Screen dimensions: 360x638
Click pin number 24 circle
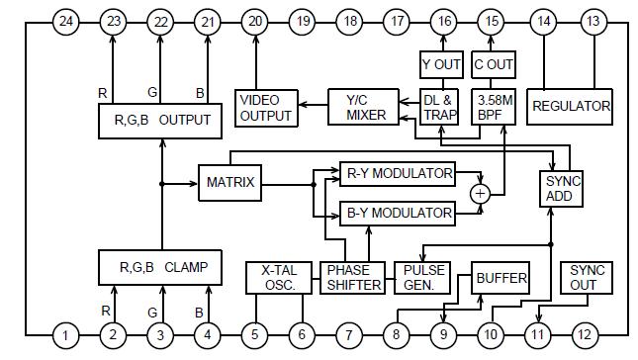pos(65,22)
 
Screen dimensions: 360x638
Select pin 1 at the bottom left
pos(65,337)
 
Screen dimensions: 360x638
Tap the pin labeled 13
pos(592,22)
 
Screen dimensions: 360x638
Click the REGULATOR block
pos(571,106)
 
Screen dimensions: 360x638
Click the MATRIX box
pos(229,182)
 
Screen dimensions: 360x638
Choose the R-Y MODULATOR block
pos(397,174)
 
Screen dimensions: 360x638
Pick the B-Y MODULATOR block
pos(397,212)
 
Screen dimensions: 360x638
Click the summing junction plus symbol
pos(480,194)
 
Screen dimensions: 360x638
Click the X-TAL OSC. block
pos(279,278)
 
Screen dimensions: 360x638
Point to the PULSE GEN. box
pos(421,278)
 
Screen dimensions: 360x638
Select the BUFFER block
pos(501,278)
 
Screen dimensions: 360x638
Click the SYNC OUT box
pos(586,278)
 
